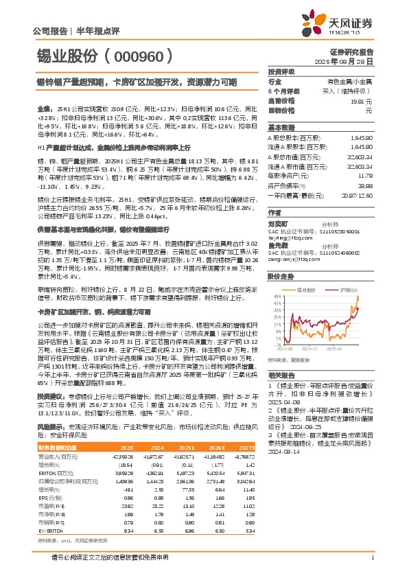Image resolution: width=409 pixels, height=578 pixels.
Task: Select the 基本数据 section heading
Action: point(281,128)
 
